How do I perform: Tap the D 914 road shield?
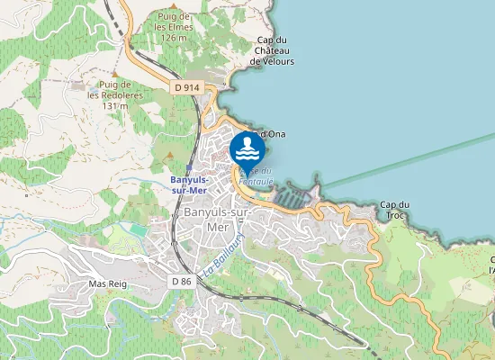tap(185, 87)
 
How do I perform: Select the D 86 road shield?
tap(181, 281)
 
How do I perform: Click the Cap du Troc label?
tap(394, 210)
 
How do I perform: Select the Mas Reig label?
tap(105, 283)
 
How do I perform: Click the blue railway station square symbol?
tap(188, 167)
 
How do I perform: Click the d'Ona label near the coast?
tap(272, 134)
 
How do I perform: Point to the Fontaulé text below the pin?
tap(256, 181)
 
